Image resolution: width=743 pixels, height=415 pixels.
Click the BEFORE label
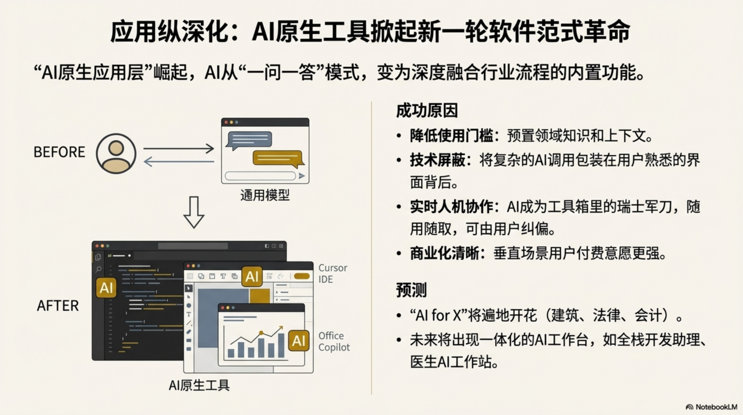(59, 152)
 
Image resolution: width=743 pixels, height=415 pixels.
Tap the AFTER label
(58, 306)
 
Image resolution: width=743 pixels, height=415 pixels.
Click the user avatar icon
(116, 154)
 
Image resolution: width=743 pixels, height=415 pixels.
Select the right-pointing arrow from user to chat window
(178, 148)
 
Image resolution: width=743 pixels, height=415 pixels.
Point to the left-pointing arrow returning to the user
(178, 162)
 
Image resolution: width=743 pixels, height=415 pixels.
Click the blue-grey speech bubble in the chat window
(249, 140)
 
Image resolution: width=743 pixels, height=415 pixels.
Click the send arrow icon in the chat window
(302, 176)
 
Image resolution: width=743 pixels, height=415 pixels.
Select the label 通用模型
(265, 195)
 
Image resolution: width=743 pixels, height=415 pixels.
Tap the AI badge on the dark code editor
(106, 288)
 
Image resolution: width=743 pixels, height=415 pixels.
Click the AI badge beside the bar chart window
(298, 340)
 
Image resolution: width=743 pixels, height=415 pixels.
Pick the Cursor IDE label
(332, 273)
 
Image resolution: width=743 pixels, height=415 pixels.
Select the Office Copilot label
(334, 342)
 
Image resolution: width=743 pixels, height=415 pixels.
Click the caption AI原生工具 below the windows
(199, 385)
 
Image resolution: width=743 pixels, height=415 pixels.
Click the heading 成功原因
(427, 111)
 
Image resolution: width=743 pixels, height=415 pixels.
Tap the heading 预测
(411, 290)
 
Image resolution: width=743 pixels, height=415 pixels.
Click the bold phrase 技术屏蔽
(437, 160)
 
